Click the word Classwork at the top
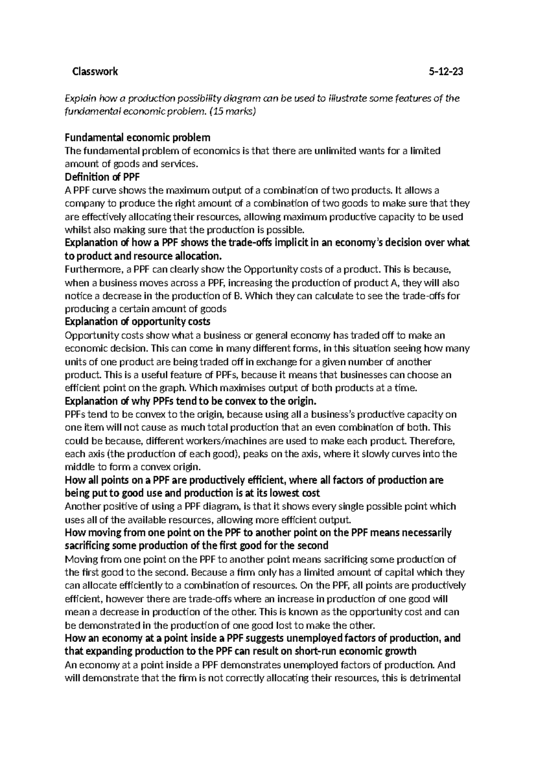pyautogui.click(x=95, y=71)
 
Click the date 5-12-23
pyautogui.click(x=445, y=71)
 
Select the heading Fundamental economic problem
pyautogui.click(x=137, y=137)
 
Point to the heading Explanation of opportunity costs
pyautogui.click(x=137, y=321)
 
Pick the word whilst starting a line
pyautogui.click(x=77, y=230)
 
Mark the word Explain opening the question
pyautogui.click(x=80, y=98)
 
